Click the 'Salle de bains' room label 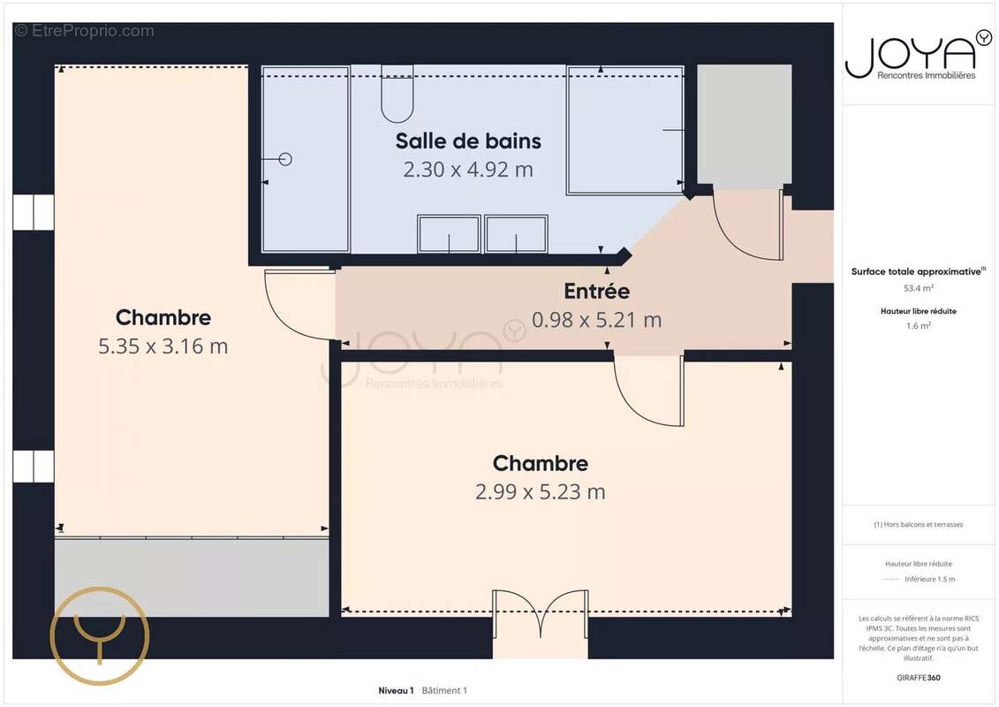point(468,141)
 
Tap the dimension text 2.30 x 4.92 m point(468,170)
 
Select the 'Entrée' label point(596,291)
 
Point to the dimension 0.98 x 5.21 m point(596,320)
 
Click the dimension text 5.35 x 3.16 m point(163,346)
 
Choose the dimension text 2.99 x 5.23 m point(540,492)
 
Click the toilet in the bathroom point(397,95)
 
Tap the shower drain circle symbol point(284,159)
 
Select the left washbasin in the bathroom point(449,234)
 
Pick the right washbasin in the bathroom point(516,234)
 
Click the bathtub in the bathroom point(625,130)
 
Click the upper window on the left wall point(34,212)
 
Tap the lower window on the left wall point(34,466)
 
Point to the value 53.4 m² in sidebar point(919,287)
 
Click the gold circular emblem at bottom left point(99,635)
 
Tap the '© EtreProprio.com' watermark point(85,31)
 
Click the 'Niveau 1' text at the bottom point(396,690)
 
